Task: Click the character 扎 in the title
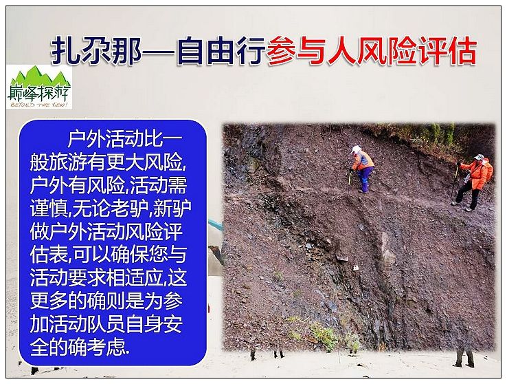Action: point(65,51)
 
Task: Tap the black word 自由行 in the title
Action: point(221,51)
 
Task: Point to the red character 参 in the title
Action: point(281,51)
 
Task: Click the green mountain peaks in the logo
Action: point(38,77)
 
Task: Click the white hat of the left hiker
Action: point(356,149)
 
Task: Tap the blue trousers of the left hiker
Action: point(365,180)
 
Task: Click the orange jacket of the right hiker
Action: point(477,173)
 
